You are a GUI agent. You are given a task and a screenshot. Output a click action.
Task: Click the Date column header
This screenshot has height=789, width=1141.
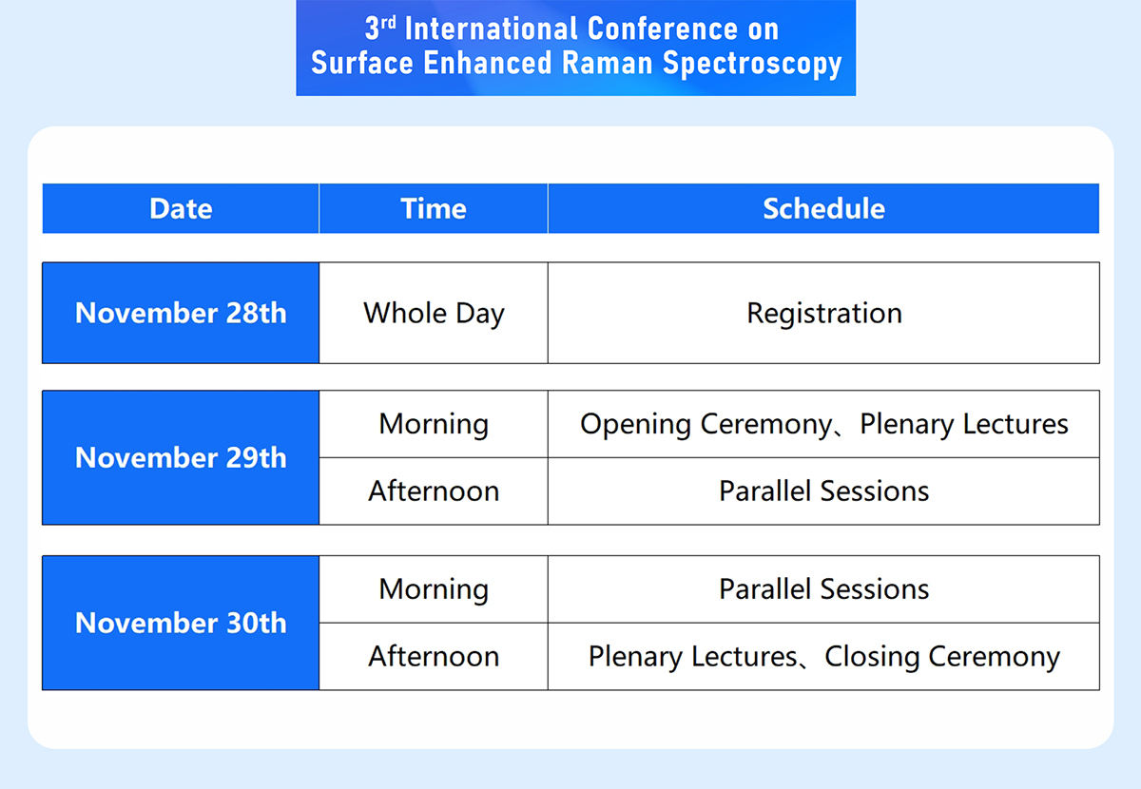point(181,208)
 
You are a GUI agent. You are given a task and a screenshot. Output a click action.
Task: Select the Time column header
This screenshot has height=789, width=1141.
point(434,208)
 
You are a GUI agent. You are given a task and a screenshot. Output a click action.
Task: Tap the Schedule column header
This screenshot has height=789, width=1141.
point(823,208)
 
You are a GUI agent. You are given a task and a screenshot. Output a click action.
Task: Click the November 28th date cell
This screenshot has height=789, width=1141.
point(181,313)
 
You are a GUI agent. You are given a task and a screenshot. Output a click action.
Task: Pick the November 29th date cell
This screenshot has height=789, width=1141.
point(181,457)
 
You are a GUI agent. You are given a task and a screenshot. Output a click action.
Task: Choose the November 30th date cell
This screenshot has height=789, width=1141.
point(181,623)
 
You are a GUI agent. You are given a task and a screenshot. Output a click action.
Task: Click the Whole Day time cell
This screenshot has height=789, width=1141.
point(434,313)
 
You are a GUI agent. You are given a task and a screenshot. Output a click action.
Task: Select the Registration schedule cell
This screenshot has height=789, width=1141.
point(823,313)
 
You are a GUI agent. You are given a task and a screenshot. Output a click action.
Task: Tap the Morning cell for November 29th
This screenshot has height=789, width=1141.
point(434,424)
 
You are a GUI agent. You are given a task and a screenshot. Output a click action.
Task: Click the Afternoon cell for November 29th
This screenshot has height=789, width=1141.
point(434,491)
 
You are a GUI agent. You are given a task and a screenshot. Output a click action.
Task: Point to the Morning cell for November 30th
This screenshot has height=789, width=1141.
point(434,589)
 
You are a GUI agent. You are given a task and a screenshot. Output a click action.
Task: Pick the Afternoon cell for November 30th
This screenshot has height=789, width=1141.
point(434,657)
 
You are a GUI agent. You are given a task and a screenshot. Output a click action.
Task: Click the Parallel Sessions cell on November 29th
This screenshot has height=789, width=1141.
point(823,491)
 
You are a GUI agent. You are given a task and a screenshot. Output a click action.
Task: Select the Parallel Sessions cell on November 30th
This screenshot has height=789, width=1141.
point(823,589)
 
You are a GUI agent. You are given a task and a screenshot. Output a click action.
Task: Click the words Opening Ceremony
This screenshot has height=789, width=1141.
point(706,424)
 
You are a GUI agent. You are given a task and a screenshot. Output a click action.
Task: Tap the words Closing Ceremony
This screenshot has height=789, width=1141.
point(942,657)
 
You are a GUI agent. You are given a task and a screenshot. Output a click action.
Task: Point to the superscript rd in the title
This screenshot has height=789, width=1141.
point(389,23)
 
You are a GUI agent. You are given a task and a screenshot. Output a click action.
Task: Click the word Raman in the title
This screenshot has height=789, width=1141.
point(608,63)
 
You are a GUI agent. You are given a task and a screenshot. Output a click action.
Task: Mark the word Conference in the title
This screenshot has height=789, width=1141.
point(662,29)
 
